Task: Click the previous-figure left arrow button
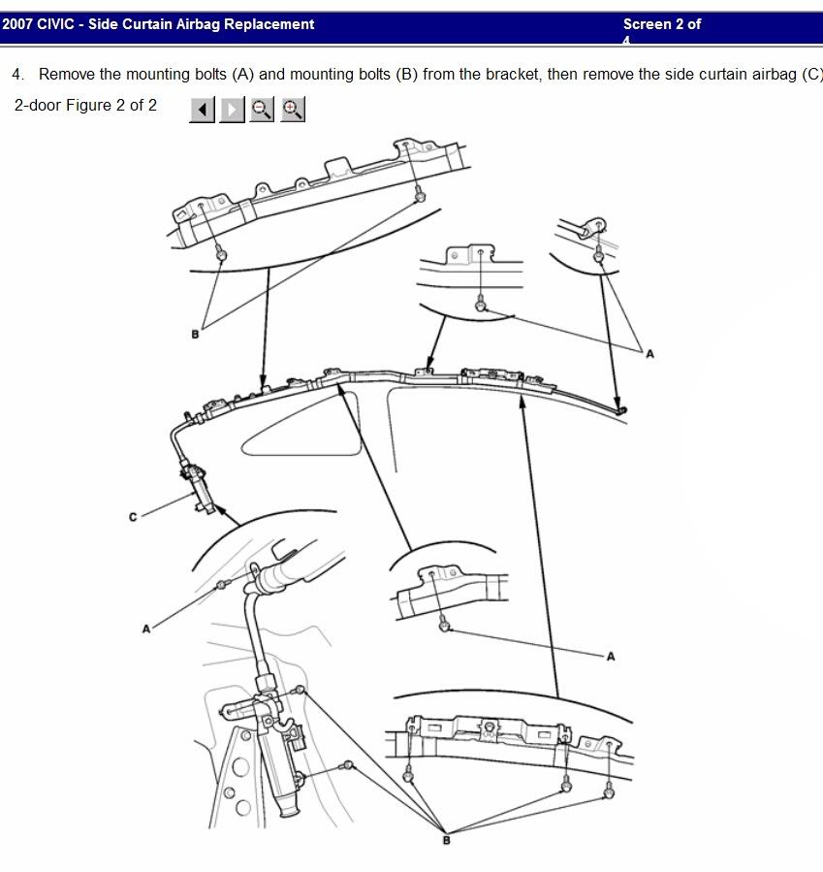(x=202, y=110)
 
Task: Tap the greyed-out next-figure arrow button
(x=232, y=110)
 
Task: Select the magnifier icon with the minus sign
(x=262, y=110)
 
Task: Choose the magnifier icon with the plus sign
(x=293, y=110)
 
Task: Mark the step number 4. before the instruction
(x=18, y=75)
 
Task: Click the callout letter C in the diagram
(x=134, y=517)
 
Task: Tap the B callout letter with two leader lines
(x=195, y=335)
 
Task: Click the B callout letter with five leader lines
(x=446, y=840)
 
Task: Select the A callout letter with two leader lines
(x=649, y=354)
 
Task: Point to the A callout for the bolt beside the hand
(x=146, y=629)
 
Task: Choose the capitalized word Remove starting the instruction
(x=64, y=75)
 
